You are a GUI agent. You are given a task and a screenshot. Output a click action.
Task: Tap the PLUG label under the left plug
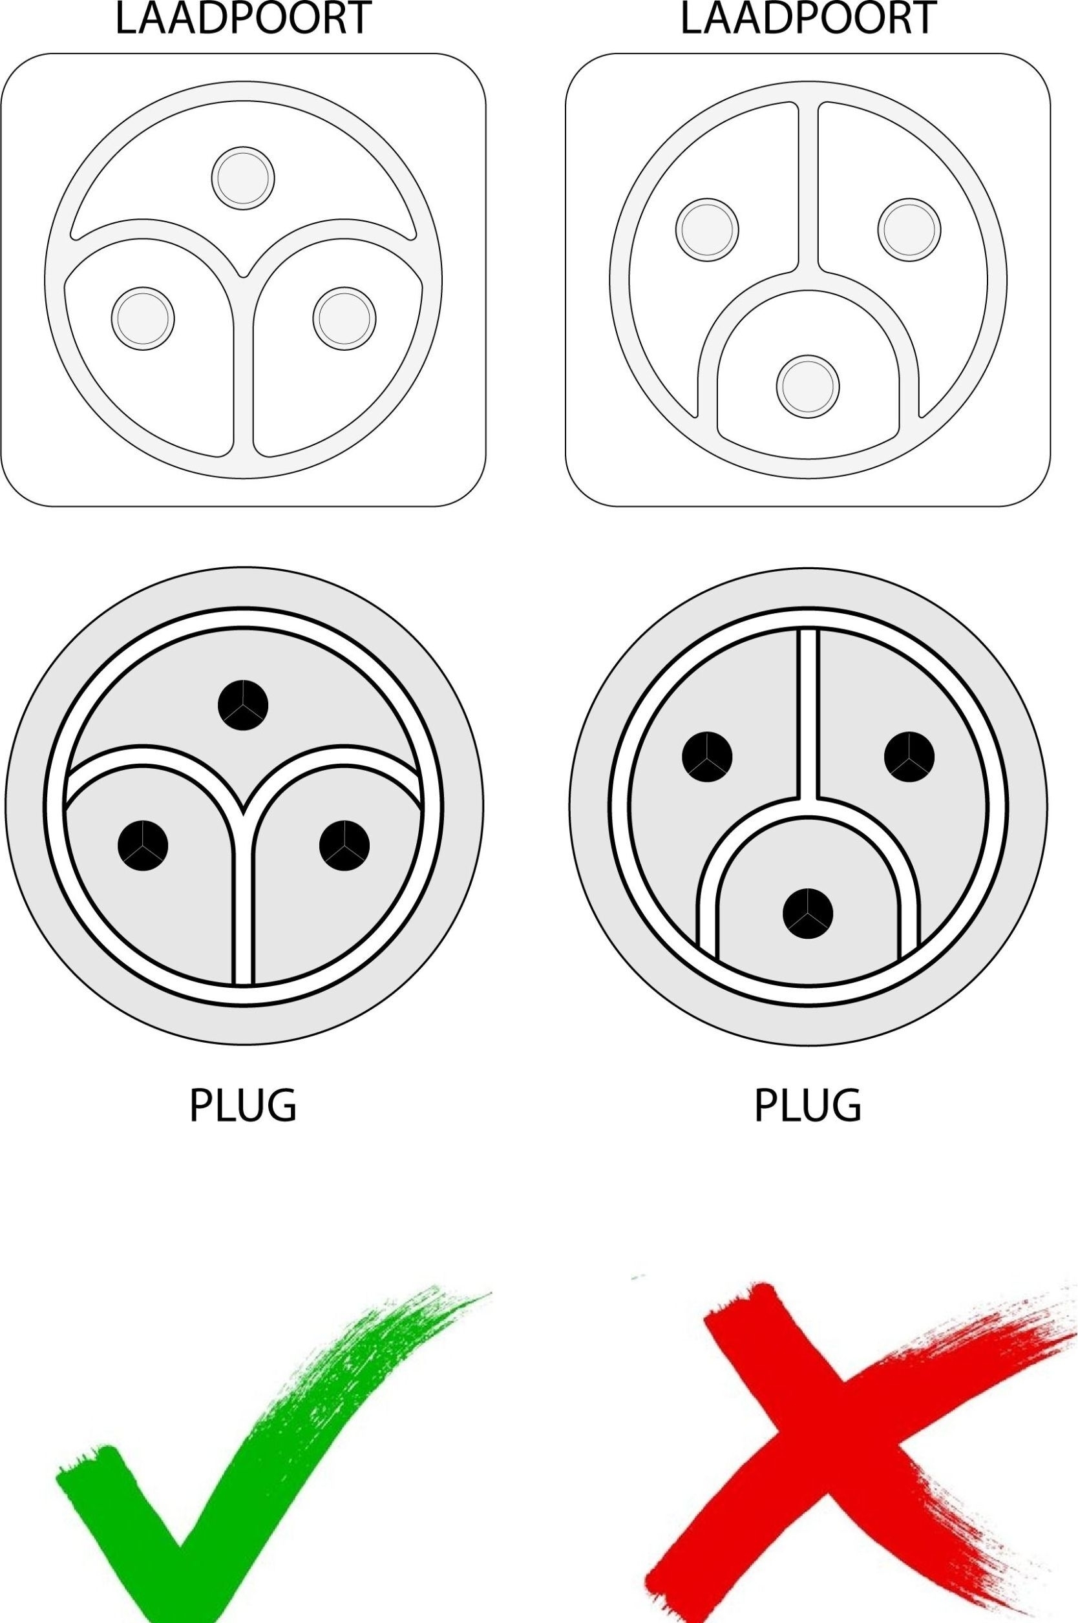[243, 1105]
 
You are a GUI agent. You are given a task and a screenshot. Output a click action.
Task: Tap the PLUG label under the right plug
[808, 1105]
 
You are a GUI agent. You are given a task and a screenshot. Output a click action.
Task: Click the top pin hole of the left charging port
[243, 178]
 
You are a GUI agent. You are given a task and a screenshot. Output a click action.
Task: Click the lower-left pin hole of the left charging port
[143, 318]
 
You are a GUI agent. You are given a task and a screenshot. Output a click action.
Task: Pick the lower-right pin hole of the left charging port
[344, 318]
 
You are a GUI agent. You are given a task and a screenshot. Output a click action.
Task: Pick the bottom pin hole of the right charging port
[808, 386]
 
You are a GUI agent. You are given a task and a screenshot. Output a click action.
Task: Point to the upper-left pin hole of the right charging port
[708, 229]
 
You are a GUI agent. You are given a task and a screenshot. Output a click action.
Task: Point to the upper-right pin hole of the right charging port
[909, 229]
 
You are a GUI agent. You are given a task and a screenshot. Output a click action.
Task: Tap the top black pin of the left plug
[243, 704]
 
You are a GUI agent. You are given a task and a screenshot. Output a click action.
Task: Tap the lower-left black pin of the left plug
[143, 845]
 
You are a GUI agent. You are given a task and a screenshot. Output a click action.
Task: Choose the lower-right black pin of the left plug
[344, 845]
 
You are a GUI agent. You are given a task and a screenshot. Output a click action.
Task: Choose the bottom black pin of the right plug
[808, 913]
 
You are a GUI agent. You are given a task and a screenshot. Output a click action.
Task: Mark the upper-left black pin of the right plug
[708, 757]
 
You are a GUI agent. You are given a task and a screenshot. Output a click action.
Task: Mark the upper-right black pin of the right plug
[909, 757]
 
